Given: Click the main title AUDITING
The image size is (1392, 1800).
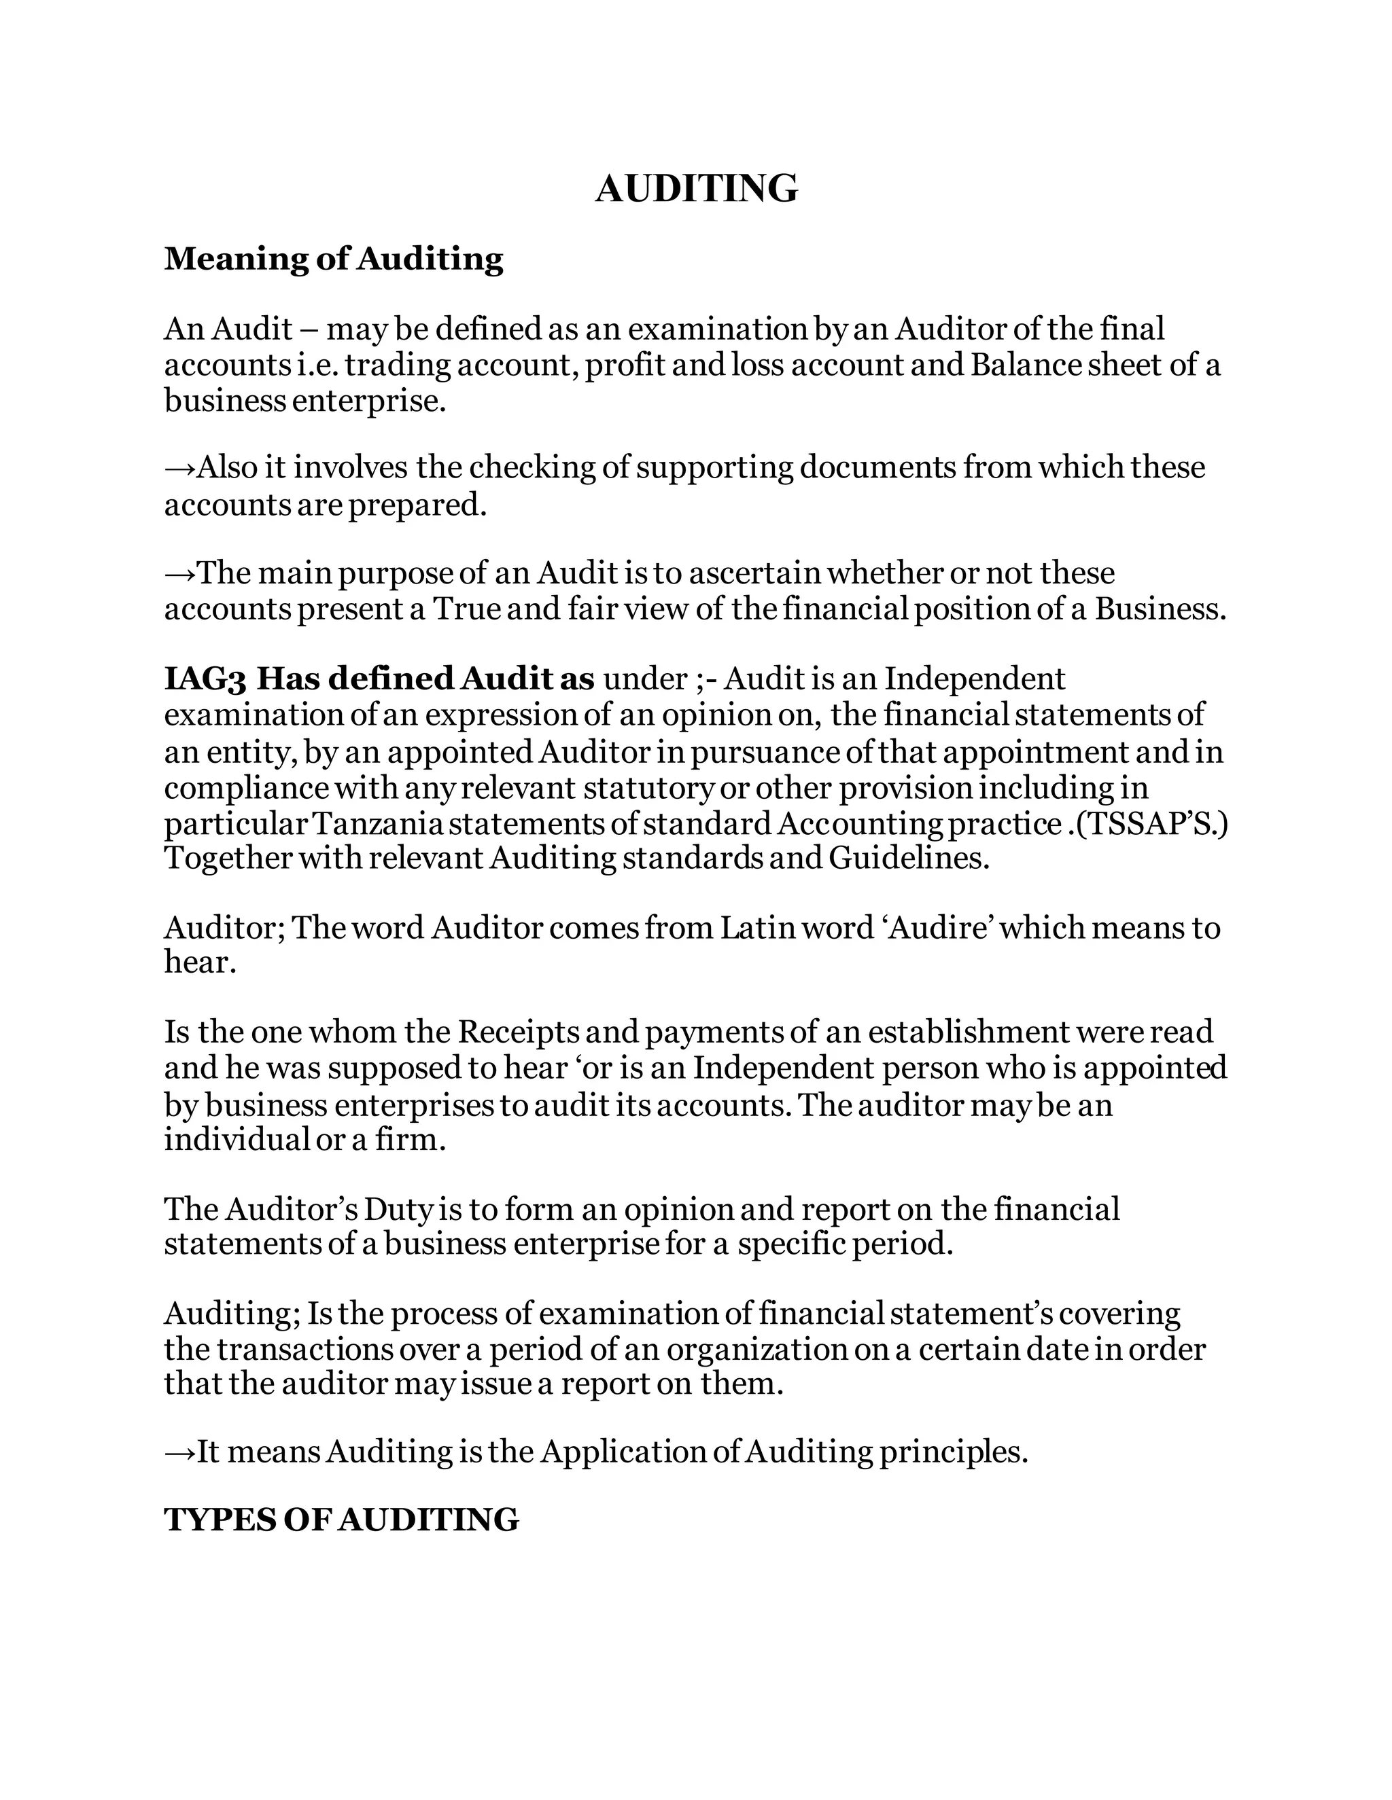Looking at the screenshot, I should coord(696,189).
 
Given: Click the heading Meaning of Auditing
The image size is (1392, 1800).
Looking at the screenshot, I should coord(333,259).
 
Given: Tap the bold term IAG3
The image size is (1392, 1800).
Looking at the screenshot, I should coord(205,679).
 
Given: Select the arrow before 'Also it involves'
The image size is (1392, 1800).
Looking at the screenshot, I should coord(179,467).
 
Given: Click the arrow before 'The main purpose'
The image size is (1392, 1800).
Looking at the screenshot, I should coord(179,573).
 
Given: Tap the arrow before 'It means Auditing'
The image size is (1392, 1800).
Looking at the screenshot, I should coord(179,1451).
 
